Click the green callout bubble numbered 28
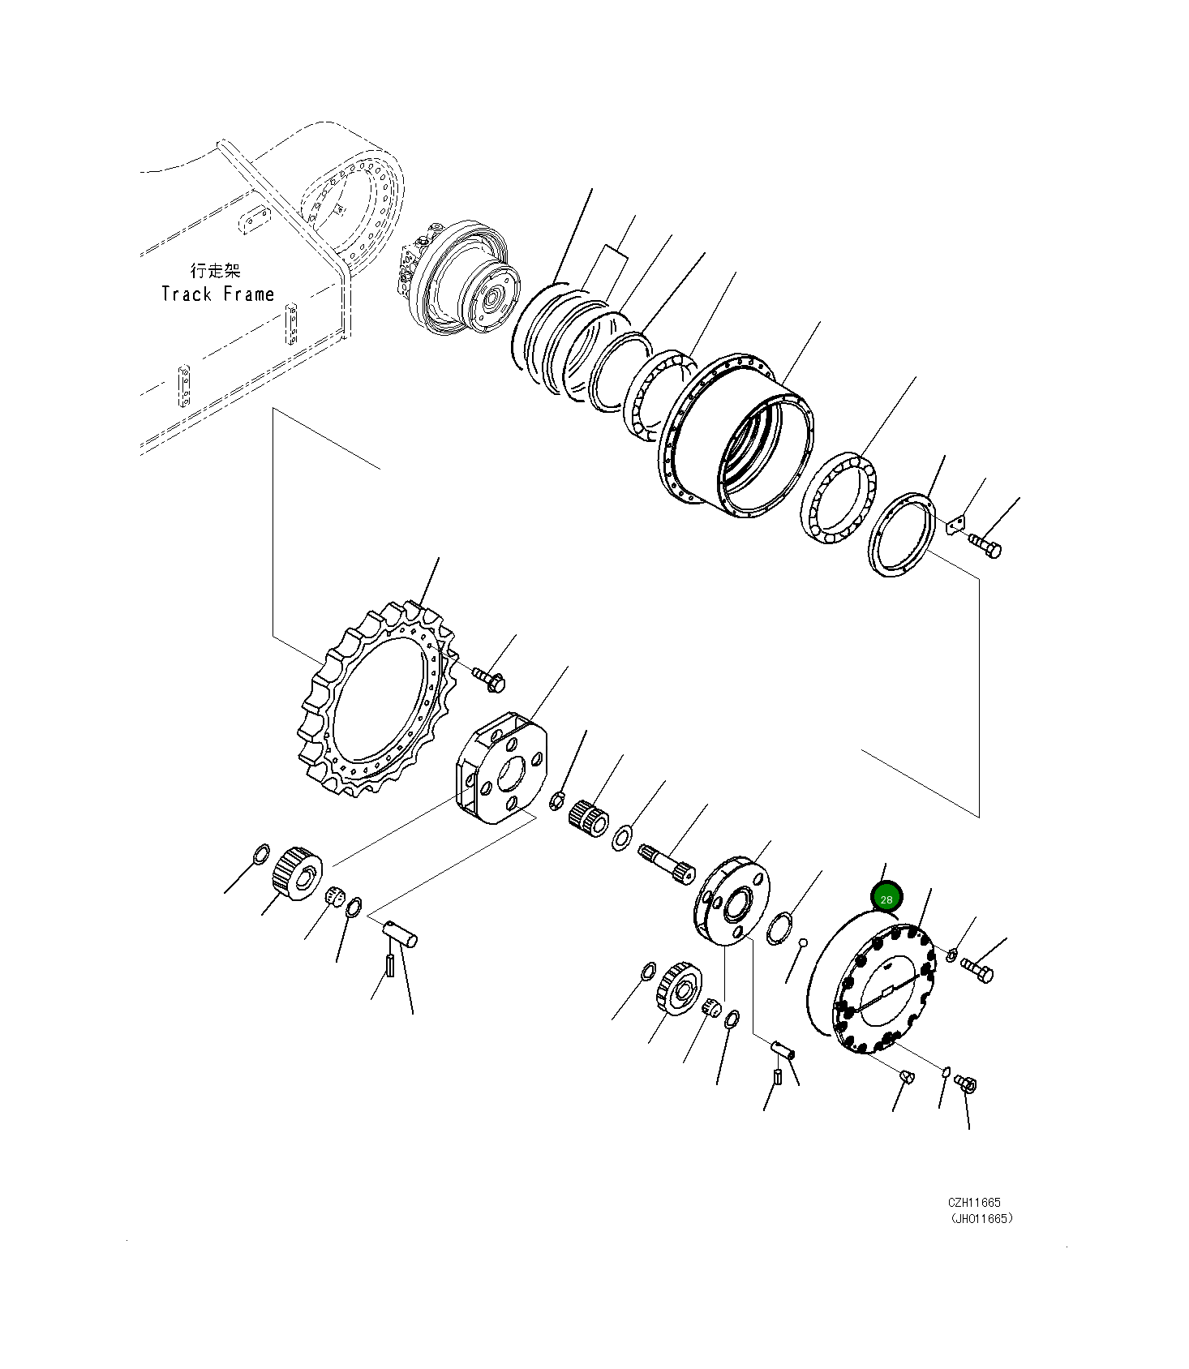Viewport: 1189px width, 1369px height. tap(886, 899)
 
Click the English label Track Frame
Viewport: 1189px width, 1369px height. tap(217, 294)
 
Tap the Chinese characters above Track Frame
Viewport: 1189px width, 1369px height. tap(216, 271)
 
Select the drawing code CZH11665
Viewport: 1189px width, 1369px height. tap(974, 1203)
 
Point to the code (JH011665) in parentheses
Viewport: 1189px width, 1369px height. tap(981, 1218)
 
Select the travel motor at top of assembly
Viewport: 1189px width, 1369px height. tap(459, 278)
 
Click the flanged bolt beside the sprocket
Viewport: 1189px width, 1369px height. tap(489, 680)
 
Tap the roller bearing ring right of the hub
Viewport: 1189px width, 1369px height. tap(839, 500)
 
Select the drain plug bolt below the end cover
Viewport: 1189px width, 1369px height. tap(966, 1083)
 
